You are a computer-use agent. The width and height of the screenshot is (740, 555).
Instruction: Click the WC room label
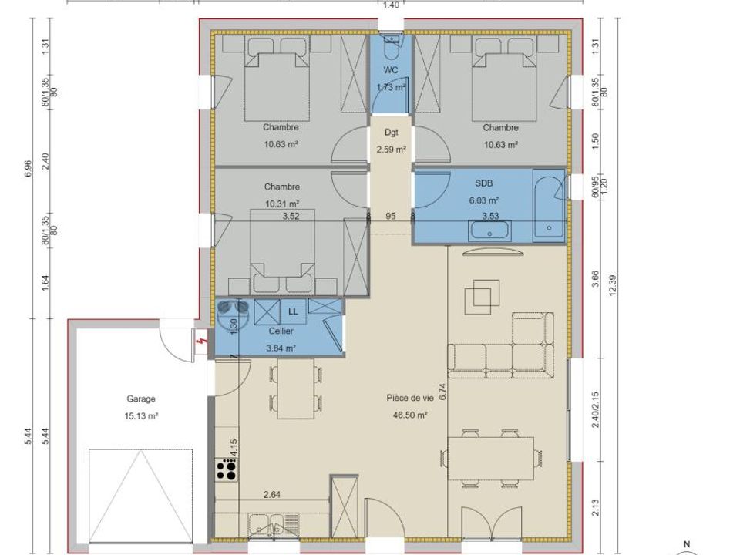[x=391, y=70]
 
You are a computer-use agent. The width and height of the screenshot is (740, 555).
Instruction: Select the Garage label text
[x=140, y=399]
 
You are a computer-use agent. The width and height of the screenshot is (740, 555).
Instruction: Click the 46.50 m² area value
[x=410, y=415]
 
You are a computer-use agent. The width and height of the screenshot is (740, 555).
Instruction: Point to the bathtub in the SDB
[x=549, y=206]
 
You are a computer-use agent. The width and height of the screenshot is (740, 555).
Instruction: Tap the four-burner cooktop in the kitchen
[x=227, y=470]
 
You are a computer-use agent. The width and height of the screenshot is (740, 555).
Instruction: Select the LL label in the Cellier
[x=293, y=312]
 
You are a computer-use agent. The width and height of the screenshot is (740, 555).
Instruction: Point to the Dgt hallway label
[x=392, y=133]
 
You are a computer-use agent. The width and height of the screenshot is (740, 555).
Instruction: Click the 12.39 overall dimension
[x=613, y=285]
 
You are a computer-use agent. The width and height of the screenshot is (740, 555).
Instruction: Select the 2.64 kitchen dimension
[x=272, y=495]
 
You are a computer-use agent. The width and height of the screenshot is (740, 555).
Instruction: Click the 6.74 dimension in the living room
[x=442, y=392]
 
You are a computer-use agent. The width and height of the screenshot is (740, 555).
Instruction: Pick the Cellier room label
[x=281, y=331]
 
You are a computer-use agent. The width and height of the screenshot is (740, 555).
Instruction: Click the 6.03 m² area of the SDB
[x=484, y=200]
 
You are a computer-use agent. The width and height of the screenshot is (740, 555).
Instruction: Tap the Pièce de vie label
[x=409, y=398]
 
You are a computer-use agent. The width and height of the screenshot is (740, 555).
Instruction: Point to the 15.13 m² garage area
[x=141, y=416]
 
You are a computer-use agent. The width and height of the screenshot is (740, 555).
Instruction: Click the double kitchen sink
[x=267, y=525]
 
